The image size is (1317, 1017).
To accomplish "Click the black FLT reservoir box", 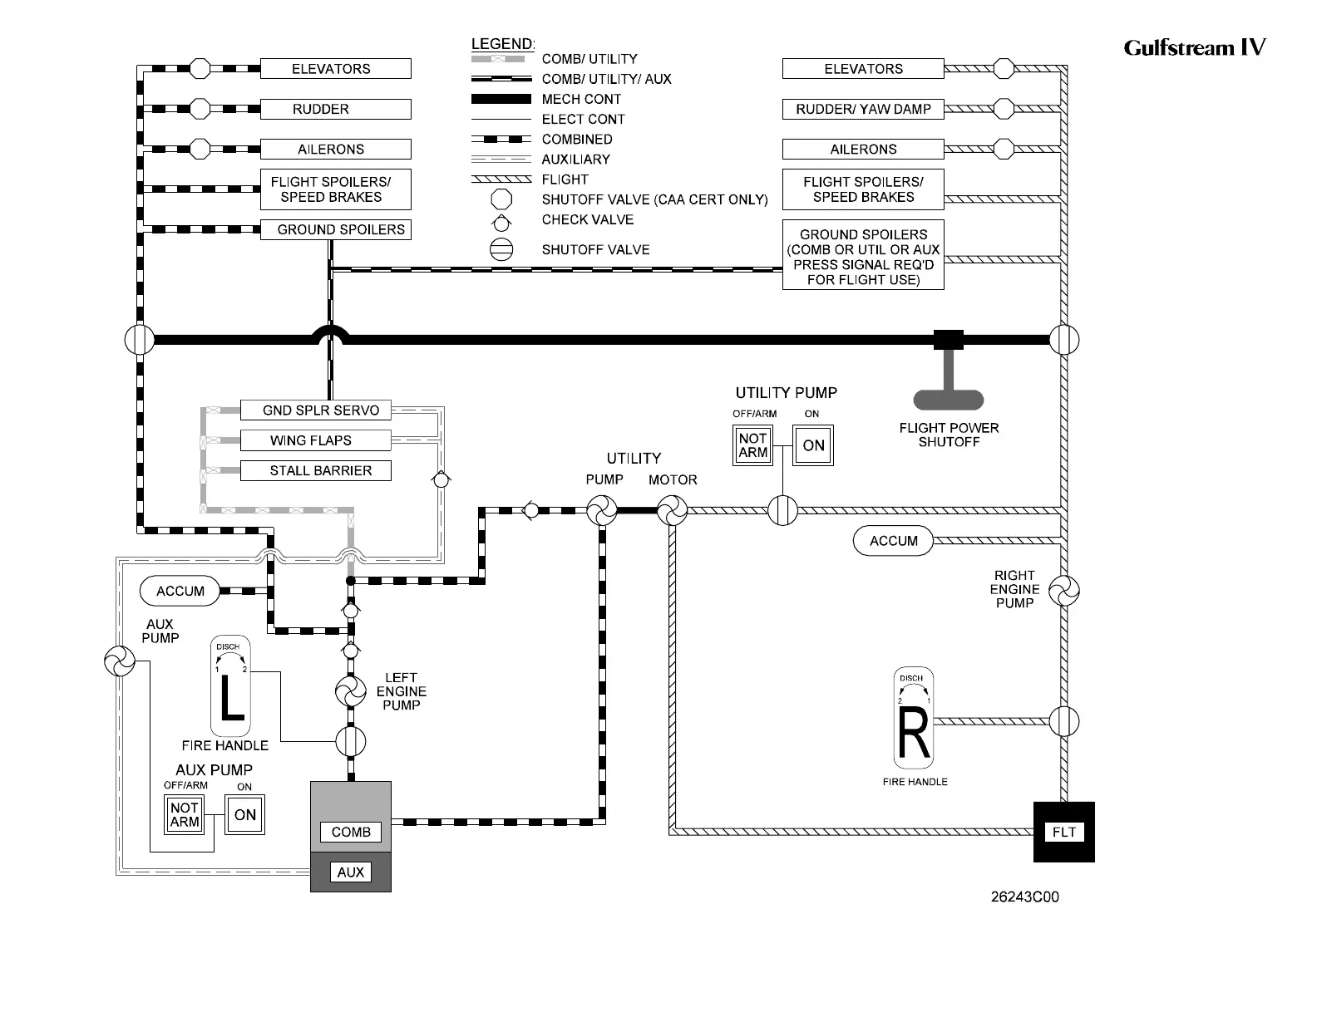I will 1063,832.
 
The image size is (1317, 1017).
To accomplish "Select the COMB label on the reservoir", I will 351,832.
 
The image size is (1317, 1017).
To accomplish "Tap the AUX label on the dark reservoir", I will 351,872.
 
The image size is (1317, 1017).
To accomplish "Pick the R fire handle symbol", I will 914,720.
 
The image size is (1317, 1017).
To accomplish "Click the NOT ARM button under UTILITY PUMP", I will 752,445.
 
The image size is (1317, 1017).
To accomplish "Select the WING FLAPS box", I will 315,440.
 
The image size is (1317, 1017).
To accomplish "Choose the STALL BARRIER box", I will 315,470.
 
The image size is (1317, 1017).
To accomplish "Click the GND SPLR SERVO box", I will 315,410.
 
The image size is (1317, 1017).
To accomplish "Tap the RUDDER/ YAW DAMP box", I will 863,109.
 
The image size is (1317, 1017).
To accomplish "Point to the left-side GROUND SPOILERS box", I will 335,229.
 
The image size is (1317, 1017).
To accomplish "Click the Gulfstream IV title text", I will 1194,47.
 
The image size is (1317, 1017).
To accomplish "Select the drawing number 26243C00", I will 1024,897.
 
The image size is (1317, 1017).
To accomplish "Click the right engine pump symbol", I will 1063,592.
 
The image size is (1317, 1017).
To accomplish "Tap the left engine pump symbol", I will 350,691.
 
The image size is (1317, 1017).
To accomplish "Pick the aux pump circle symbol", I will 119,662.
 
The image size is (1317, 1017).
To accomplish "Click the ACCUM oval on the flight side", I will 893,541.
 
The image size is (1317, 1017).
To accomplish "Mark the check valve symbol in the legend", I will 501,222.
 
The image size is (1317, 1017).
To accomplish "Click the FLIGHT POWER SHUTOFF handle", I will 948,400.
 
